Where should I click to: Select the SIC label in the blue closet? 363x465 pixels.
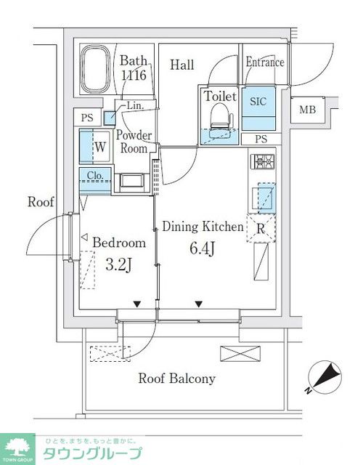[258, 101]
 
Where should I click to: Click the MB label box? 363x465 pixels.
[307, 110]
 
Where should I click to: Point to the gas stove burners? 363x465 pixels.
[263, 161]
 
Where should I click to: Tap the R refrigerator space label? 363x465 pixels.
[261, 229]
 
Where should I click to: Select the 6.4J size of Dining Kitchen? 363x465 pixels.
[202, 248]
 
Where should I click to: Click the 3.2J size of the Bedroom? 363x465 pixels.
[118, 264]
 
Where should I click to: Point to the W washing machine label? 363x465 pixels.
[100, 147]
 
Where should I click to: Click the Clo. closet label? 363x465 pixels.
[95, 176]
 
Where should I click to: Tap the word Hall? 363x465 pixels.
[182, 65]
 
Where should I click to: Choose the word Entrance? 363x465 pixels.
[264, 62]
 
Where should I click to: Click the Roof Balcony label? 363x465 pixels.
[177, 379]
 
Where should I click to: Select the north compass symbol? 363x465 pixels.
[325, 378]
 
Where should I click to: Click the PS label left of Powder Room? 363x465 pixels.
[87, 118]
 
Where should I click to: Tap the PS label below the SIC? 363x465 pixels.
[261, 139]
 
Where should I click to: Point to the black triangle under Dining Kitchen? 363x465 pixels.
[198, 304]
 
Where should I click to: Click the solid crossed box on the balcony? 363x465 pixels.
[240, 354]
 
